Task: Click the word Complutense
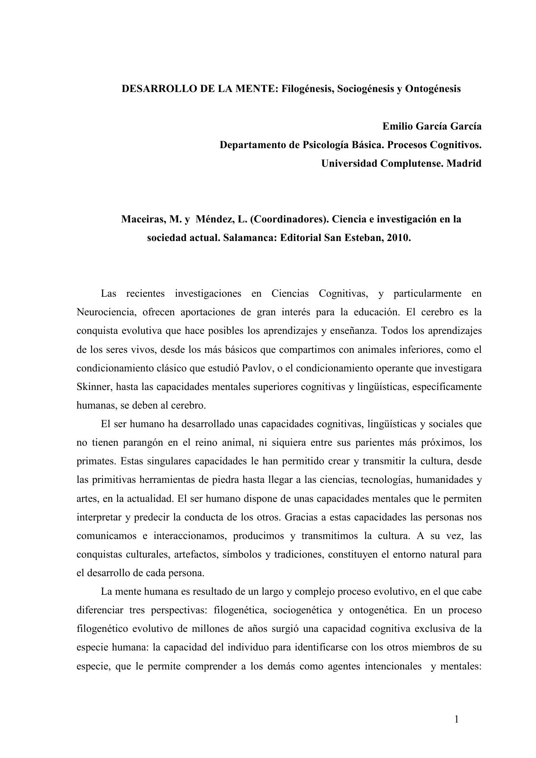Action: pyautogui.click(x=411, y=164)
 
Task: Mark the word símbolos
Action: pyautogui.click(x=241, y=554)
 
